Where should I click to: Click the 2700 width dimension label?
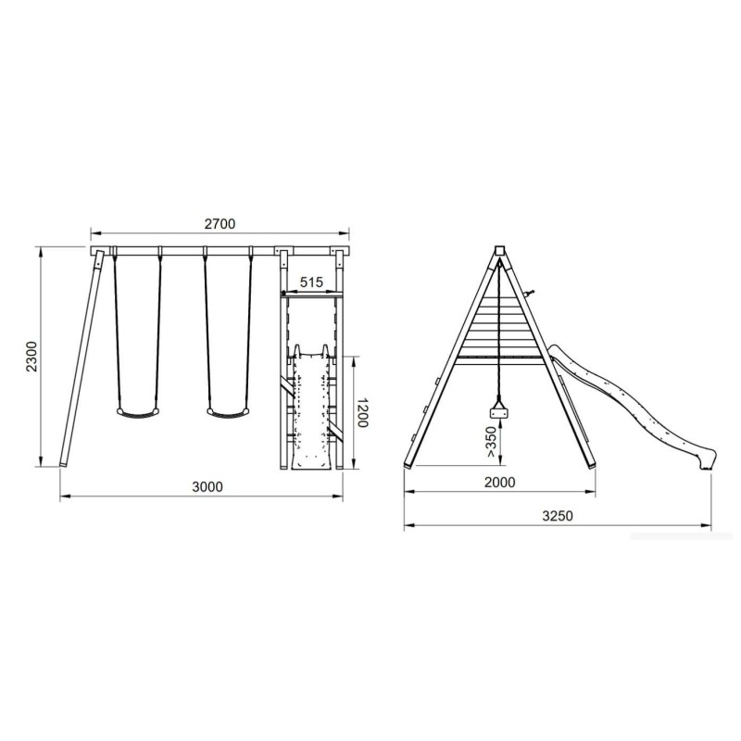coord(220,223)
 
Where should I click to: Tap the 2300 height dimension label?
coord(31,356)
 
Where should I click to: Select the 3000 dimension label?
coord(207,486)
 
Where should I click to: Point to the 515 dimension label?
coord(312,283)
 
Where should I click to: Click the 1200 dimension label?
coord(362,412)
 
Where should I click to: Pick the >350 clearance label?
coord(491,442)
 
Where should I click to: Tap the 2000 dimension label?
coord(500,482)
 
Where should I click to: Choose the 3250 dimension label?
coord(558,516)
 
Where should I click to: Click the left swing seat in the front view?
coord(138,412)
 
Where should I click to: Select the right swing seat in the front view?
coord(228,412)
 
